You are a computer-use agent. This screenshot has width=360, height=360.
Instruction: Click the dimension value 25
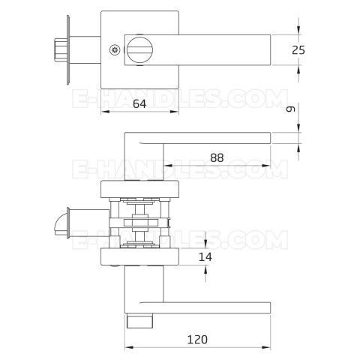pos(298,50)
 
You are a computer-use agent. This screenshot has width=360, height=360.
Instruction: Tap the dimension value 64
pos(139,104)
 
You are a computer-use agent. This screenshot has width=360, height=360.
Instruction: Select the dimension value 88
pos(217,158)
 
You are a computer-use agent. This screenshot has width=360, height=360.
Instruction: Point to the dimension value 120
pos(197,340)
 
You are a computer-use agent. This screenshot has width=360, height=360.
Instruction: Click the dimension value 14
pos(205,257)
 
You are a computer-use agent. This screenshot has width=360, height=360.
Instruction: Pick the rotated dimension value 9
pos(291,109)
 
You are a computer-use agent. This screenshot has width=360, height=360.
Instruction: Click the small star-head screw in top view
pos(115,50)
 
